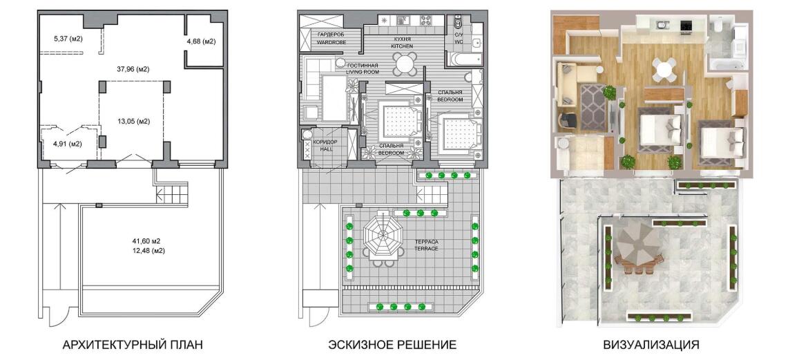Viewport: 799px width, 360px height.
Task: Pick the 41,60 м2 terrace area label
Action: pyautogui.click(x=151, y=241)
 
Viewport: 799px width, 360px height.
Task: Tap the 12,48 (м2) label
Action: pyautogui.click(x=151, y=250)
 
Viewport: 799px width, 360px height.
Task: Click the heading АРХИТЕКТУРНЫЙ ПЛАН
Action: pyautogui.click(x=132, y=345)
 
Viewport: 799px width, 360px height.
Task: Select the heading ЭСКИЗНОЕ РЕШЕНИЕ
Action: pyautogui.click(x=392, y=345)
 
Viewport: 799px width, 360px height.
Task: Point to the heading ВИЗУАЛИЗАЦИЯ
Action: pyautogui.click(x=651, y=345)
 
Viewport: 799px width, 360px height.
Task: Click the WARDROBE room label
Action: pyautogui.click(x=331, y=42)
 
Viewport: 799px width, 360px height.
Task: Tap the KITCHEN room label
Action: pyautogui.click(x=402, y=46)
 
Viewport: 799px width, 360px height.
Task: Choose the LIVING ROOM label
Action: pyautogui.click(x=363, y=72)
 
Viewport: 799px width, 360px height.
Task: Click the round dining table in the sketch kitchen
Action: pyautogui.click(x=405, y=64)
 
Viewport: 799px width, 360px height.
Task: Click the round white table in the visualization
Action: pyautogui.click(x=665, y=68)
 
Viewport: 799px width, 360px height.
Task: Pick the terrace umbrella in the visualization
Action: pyautogui.click(x=637, y=243)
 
